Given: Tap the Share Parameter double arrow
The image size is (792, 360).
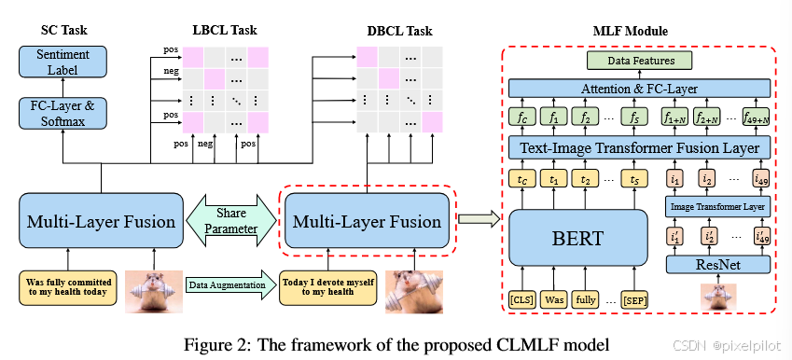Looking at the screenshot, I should tap(230, 221).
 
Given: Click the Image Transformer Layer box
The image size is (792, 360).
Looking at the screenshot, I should tap(716, 205).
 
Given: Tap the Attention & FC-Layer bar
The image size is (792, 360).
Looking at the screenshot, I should tap(639, 89).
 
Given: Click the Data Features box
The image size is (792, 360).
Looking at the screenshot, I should tap(639, 61).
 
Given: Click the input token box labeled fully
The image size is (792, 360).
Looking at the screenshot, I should tap(584, 301).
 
